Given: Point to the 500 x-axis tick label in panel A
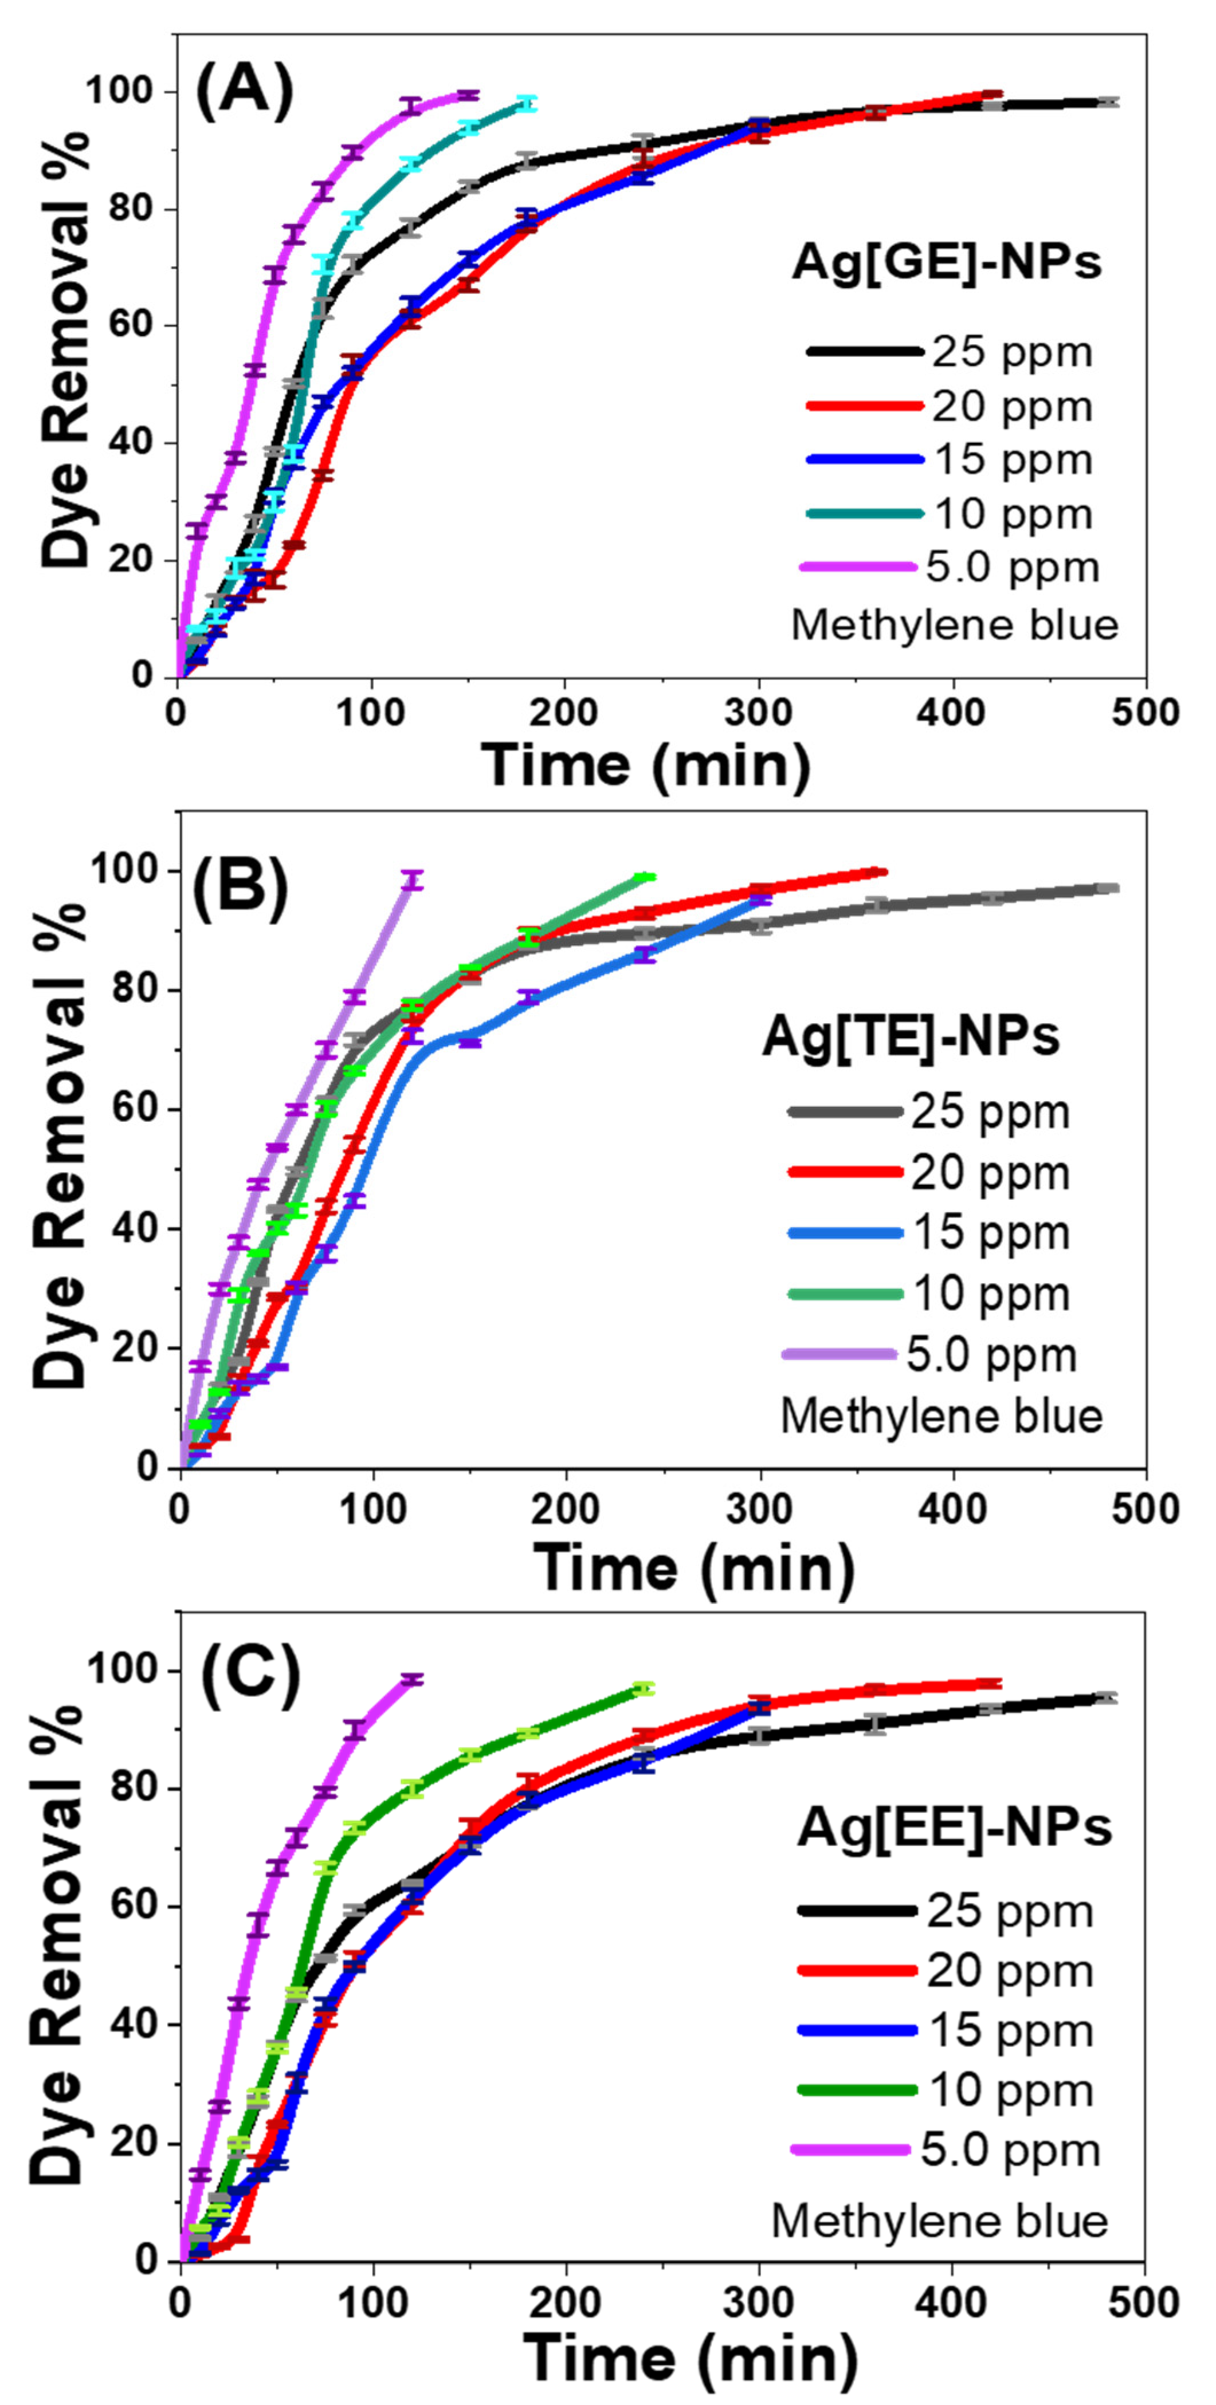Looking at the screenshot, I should coord(1145,712).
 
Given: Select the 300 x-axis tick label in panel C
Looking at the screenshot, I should coord(758,2302).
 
